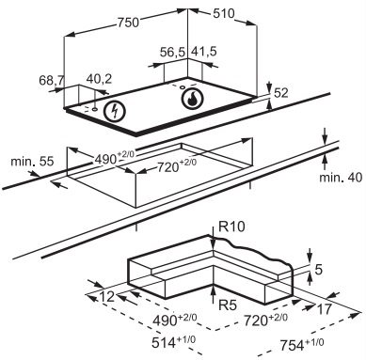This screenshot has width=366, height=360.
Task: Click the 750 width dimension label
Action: click(x=128, y=22)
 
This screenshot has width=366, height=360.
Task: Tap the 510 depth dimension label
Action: click(x=224, y=13)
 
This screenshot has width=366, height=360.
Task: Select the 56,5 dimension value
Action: click(x=173, y=52)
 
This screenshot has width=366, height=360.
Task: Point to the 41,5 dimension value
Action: click(x=204, y=52)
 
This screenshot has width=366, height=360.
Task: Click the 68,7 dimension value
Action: click(x=52, y=80)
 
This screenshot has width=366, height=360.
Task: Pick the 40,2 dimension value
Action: click(x=99, y=79)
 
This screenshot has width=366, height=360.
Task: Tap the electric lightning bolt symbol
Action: click(x=115, y=111)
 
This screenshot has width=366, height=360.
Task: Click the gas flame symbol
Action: click(x=192, y=98)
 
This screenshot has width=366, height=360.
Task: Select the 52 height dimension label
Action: click(x=281, y=93)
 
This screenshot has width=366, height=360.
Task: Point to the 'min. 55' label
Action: click(x=32, y=162)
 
